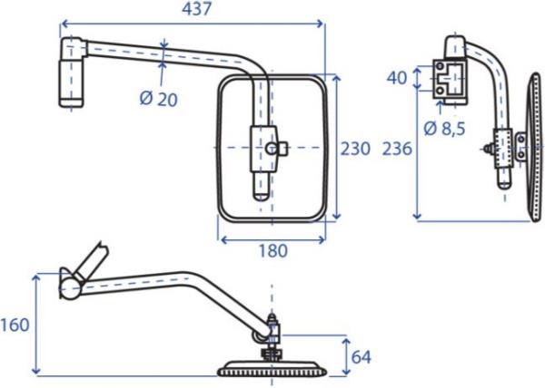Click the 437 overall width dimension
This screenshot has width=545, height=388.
pyautogui.click(x=197, y=9)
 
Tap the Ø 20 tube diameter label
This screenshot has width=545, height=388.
pyautogui.click(x=158, y=99)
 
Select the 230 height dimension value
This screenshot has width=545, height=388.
pyautogui.click(x=355, y=149)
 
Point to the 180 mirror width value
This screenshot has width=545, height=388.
pyautogui.click(x=273, y=251)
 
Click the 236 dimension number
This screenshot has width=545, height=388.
pyautogui.click(x=397, y=149)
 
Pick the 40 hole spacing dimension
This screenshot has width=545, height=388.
pyautogui.click(x=397, y=78)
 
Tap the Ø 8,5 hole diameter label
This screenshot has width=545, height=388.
pyautogui.click(x=444, y=129)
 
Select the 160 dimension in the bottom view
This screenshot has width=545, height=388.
pyautogui.click(x=15, y=325)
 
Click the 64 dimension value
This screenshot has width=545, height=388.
pyautogui.click(x=362, y=357)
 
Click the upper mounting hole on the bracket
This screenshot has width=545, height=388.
pyautogui.click(x=440, y=66)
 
